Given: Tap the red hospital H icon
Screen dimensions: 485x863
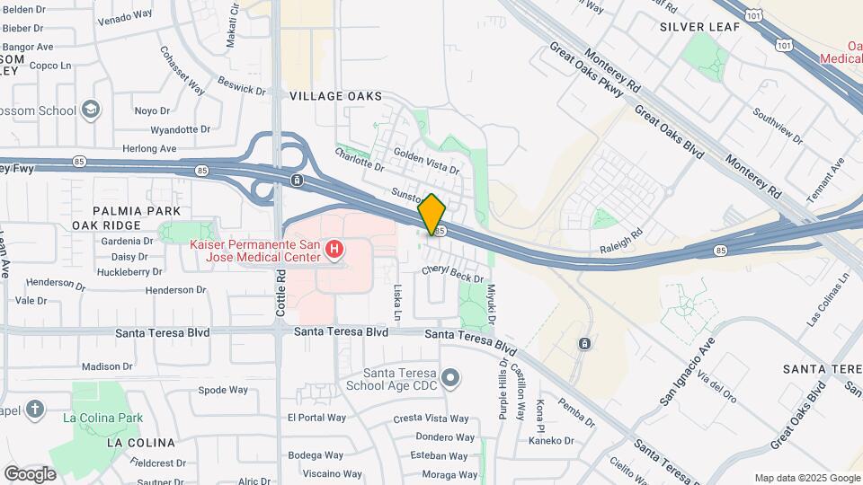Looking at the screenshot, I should pos(334,248).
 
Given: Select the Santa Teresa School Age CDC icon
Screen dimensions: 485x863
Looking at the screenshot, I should pos(450,377).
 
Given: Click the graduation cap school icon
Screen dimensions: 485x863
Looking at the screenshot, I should pos(90,110).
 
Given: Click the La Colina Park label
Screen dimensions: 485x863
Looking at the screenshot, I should pos(103,418).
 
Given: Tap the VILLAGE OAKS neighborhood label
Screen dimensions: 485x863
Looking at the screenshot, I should pos(335,95).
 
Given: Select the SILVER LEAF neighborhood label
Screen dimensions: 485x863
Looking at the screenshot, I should pos(699,27).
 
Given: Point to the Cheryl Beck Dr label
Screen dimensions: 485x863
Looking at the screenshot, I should pos(453,273).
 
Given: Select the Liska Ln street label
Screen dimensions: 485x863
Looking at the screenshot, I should pos(397,303).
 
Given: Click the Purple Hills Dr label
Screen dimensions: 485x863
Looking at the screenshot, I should pos(503,392).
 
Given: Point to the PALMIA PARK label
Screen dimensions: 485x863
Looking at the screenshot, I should pos(129,210).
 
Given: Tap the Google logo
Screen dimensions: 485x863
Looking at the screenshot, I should pos(30,473).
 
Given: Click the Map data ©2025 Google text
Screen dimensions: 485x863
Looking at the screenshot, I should pos(806,478).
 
